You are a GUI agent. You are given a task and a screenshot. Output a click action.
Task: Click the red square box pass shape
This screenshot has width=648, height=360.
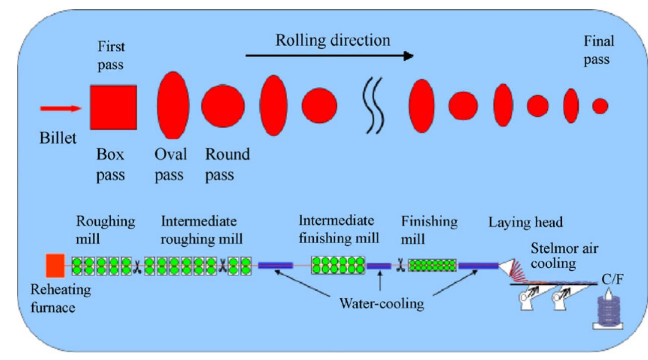[113, 107]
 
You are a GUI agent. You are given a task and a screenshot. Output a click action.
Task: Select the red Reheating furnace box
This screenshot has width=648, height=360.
[55, 266]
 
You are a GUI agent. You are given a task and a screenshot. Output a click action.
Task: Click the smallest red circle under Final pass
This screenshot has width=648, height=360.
[600, 106]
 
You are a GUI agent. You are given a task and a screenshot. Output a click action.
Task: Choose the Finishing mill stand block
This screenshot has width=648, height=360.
[432, 266]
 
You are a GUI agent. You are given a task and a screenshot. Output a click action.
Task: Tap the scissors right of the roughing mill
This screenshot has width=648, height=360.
[136, 266]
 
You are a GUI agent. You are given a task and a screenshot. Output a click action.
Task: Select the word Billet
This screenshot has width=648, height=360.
[58, 138]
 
